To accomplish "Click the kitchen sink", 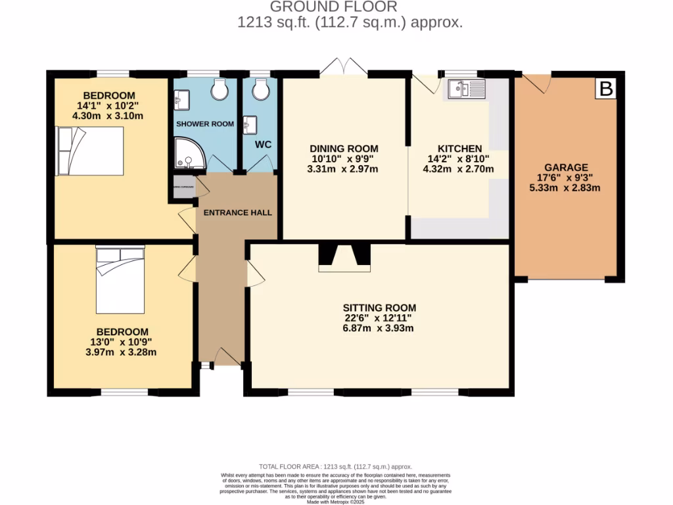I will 466,89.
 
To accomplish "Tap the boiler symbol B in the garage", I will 606,89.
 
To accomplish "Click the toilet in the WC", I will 261,89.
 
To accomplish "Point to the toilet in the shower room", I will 219,89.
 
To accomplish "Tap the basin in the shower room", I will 181,100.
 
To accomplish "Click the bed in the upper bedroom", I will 90,151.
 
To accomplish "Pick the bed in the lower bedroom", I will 120,279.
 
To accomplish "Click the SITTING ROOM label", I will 379,308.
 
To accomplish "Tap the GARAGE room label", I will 566,168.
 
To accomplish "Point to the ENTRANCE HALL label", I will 237,213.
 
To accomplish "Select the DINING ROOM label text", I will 344,149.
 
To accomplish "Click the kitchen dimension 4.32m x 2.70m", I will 457,169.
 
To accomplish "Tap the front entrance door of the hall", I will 226,357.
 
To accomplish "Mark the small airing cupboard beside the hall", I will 183,187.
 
